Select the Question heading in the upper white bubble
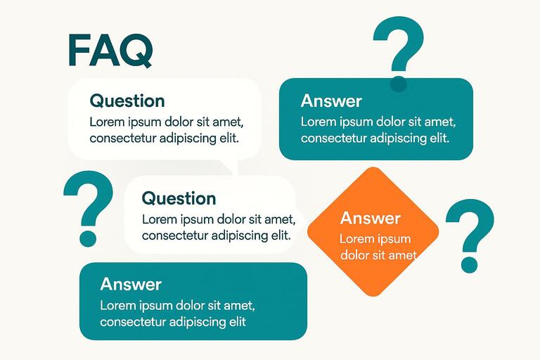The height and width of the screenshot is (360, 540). [x=127, y=101]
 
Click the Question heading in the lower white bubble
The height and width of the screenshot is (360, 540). [x=179, y=198]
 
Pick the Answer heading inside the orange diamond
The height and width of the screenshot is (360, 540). [x=370, y=218]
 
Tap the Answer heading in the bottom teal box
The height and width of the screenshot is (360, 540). [x=131, y=284]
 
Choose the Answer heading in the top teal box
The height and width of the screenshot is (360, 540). [x=331, y=101]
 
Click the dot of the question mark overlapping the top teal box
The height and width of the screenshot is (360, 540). [x=399, y=84]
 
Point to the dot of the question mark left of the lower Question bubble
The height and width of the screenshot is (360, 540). [x=88, y=238]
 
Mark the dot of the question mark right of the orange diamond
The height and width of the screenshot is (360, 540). [x=468, y=264]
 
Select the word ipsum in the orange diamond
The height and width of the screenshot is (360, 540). [x=394, y=239]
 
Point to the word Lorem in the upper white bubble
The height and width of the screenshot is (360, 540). [x=106, y=122]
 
